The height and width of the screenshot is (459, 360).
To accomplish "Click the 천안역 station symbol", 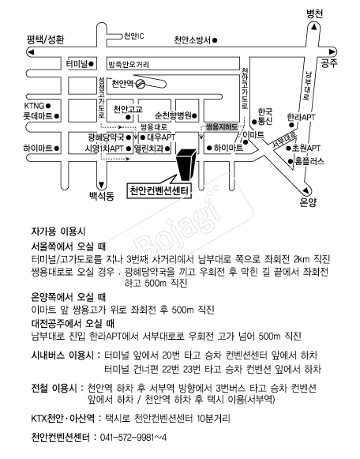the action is (x=141, y=84).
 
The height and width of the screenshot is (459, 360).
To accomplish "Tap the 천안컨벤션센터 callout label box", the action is (x=159, y=191).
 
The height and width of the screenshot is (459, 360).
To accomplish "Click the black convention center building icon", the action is (x=186, y=164).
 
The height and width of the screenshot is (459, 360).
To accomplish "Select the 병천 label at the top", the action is (x=314, y=13).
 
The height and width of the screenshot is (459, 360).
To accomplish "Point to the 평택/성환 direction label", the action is (x=45, y=39).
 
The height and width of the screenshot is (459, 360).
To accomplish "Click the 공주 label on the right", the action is (x=329, y=63).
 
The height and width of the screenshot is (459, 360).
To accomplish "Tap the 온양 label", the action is (x=308, y=202).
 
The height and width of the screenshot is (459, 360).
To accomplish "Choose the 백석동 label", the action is (x=102, y=196).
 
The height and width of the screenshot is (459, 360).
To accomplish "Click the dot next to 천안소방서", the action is (x=215, y=40).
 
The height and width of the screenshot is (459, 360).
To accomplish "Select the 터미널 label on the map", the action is (x=77, y=63).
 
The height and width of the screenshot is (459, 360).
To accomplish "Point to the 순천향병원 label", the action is (x=173, y=115).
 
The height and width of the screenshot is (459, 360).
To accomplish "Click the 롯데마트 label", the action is (x=38, y=116).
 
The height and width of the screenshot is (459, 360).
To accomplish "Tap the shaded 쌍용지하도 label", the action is (x=222, y=127).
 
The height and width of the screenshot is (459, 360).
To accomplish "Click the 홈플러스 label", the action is (x=309, y=161).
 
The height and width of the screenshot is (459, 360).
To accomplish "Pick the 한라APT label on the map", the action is (x=301, y=118).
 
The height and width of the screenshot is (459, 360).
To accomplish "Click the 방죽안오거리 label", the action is (x=129, y=65).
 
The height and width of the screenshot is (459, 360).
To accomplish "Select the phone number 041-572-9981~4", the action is (x=133, y=438).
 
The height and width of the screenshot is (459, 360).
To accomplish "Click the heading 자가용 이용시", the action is (x=58, y=231).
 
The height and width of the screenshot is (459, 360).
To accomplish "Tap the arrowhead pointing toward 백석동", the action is (x=102, y=185).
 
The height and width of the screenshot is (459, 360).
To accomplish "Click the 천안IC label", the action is (x=134, y=36).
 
